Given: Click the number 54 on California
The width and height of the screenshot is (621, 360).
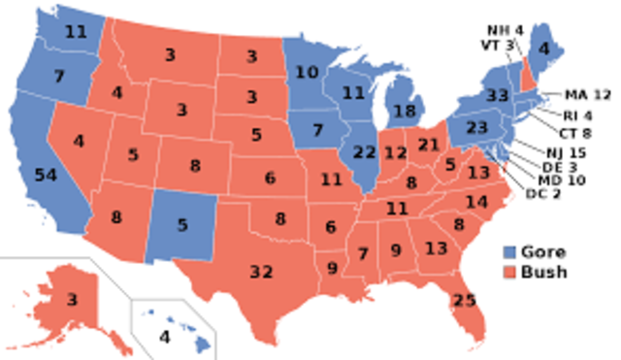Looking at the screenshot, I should pyautogui.click(x=45, y=175).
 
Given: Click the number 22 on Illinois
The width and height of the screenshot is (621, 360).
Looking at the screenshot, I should pyautogui.click(x=365, y=152).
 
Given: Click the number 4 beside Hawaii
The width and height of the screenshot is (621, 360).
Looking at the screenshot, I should pyautogui.click(x=165, y=338).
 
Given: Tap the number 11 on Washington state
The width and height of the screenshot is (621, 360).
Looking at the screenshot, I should pyautogui.click(x=76, y=30).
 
